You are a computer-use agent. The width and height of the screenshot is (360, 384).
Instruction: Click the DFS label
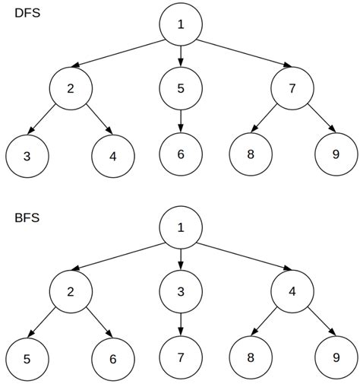pyautogui.click(x=27, y=15)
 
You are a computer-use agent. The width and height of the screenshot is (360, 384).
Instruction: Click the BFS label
pyautogui.click(x=27, y=218)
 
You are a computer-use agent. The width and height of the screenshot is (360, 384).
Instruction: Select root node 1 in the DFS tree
pyautogui.click(x=181, y=24)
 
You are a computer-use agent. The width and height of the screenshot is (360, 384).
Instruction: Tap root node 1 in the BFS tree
pyautogui.click(x=181, y=227)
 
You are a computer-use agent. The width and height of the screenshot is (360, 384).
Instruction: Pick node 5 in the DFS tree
pyautogui.click(x=181, y=88)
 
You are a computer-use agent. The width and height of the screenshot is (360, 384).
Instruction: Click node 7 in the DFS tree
pyautogui.click(x=292, y=88)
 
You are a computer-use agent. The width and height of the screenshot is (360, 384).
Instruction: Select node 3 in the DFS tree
pyautogui.click(x=27, y=156)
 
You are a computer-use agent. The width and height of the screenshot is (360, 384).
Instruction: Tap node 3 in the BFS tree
pyautogui.click(x=181, y=291)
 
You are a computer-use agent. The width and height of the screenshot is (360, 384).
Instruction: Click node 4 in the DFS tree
pyautogui.click(x=113, y=156)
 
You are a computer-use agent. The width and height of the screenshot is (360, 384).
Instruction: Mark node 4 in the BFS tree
pyautogui.click(x=292, y=291)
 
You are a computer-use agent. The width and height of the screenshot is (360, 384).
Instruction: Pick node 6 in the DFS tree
pyautogui.click(x=181, y=154)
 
